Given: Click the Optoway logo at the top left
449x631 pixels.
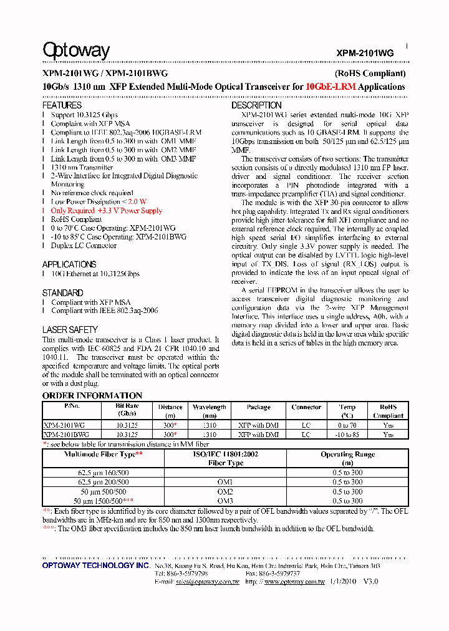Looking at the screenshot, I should [76, 51].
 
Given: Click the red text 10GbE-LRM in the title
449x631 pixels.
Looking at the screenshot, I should [331, 87].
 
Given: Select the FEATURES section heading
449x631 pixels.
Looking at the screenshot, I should [62, 105].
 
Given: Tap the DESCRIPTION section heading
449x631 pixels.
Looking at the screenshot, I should [257, 105].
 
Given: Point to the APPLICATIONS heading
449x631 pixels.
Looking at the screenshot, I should [69, 264].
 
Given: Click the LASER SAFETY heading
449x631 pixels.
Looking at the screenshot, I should [70, 329].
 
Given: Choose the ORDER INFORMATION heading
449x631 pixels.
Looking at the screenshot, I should [92, 395].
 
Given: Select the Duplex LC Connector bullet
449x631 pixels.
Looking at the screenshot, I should [84, 246].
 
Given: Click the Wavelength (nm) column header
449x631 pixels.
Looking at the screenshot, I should [209, 411].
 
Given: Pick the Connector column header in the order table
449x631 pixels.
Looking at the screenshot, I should [306, 407].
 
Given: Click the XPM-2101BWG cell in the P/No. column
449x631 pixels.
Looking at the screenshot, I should [67, 435].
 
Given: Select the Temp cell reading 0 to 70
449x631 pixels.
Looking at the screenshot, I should [347, 425].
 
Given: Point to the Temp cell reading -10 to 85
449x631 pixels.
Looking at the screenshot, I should [347, 435].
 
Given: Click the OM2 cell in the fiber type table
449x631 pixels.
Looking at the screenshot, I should [225, 491].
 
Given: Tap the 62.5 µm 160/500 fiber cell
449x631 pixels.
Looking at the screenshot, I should [104, 473].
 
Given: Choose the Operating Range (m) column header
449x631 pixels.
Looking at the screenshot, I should [347, 459].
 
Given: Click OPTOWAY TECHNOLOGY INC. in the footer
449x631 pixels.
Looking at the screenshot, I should [96, 565].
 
